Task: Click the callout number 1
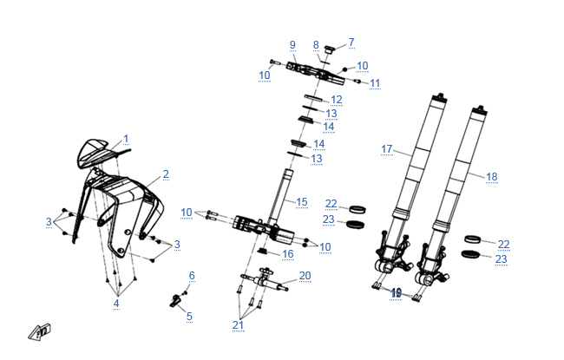point(126,139)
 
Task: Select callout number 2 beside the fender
point(166,174)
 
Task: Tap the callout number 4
point(115,304)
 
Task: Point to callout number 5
point(189,317)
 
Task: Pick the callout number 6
point(192,276)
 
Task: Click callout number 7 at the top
point(351,42)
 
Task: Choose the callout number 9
point(292,45)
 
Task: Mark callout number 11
point(375,83)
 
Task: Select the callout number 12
point(337,101)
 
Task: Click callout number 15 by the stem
point(302,202)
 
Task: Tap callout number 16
point(288,254)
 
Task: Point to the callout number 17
point(388,149)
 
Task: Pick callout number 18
point(492,177)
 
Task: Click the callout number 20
point(305,276)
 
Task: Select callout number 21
point(238,324)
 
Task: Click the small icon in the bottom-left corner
point(40,331)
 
